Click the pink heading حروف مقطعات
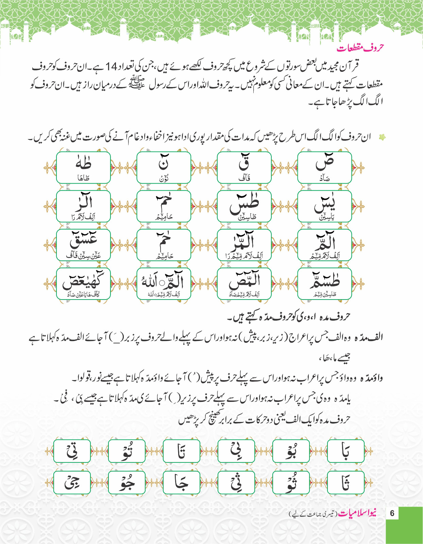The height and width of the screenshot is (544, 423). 360,48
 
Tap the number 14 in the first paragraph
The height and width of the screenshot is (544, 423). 111,66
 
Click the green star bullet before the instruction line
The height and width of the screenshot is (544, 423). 383,137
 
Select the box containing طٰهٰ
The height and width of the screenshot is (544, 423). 83,167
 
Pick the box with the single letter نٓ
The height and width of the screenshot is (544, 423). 164,167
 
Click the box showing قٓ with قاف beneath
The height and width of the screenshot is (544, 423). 244,167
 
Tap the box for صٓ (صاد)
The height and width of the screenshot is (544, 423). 324,167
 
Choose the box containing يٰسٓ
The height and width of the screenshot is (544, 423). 324,206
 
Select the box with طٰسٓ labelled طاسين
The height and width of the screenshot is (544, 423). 244,206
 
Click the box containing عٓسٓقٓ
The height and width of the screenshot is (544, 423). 83,245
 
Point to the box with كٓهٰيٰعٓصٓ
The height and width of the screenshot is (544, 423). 83,284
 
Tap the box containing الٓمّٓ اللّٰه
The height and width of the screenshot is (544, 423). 164,284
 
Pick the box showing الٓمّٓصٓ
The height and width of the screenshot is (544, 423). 244,284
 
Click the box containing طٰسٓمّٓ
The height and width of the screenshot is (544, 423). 324,284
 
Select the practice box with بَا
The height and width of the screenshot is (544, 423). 345,451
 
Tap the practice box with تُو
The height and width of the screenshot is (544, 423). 126,451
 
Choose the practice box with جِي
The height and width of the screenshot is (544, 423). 72,482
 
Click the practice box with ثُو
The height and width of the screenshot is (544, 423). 291,482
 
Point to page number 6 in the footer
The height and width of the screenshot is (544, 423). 392,513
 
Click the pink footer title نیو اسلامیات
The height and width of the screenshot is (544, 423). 357,513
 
